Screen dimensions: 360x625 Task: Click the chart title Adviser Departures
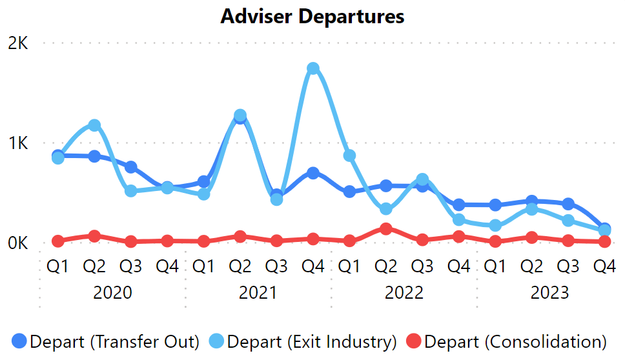312,16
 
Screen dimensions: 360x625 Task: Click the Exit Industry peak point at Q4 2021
313,68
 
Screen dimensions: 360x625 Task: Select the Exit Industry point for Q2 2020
94,125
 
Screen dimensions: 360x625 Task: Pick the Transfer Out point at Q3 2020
131,167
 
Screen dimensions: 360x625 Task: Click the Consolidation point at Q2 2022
386,228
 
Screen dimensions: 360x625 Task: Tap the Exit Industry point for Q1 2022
350,155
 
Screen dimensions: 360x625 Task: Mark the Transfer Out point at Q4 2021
313,173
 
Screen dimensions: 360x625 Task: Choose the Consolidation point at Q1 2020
58,241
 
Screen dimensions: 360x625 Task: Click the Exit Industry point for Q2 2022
386,209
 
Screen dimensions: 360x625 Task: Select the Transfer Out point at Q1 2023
495,205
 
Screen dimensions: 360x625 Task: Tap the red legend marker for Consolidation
414,341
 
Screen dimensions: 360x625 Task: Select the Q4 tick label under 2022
459,266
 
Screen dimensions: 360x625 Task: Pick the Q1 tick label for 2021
204,266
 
